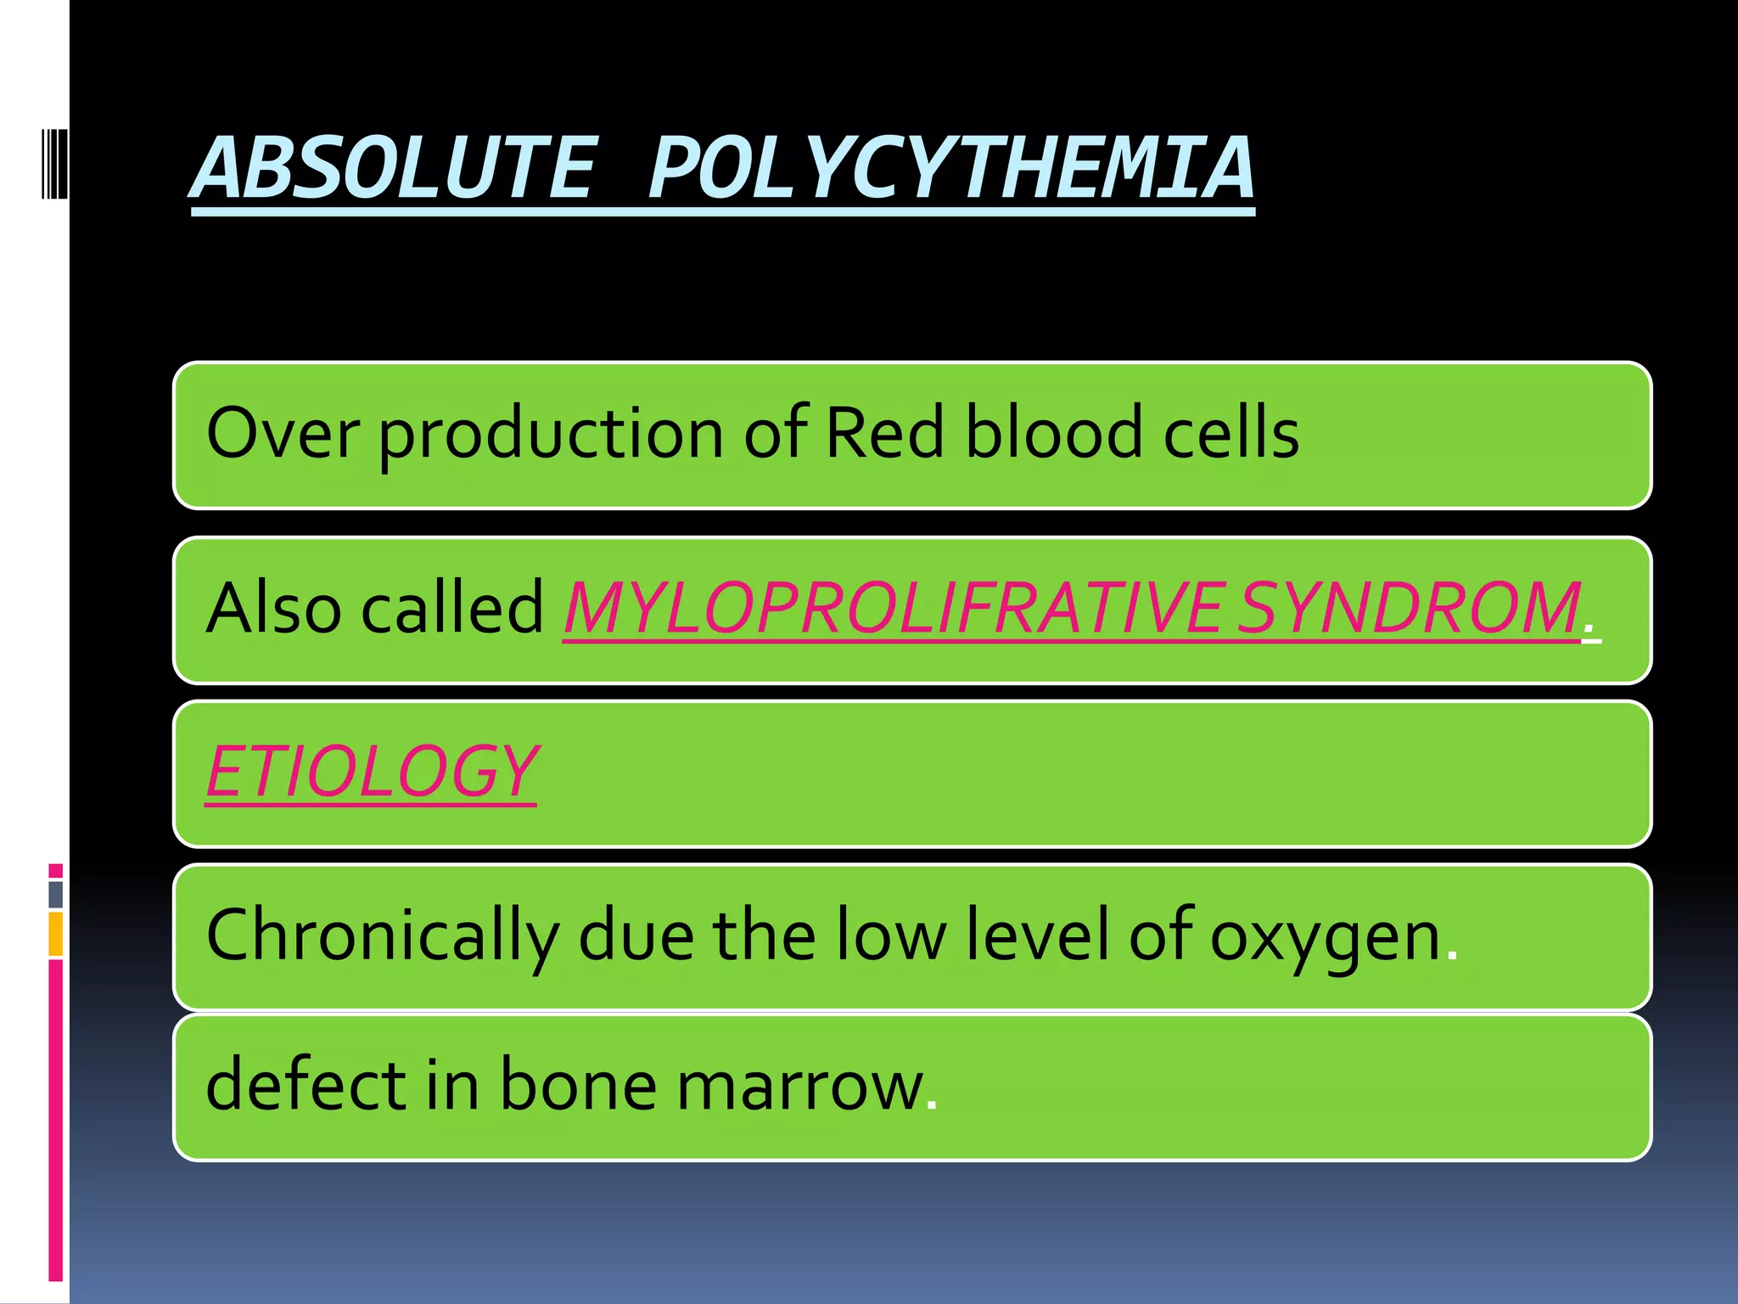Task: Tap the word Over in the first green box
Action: (283, 433)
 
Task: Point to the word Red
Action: (883, 433)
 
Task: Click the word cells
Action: (1231, 433)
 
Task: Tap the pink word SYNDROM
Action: (1409, 608)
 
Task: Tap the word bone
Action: (577, 1084)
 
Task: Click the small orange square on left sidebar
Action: (55, 934)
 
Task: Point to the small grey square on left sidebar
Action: (55, 894)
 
